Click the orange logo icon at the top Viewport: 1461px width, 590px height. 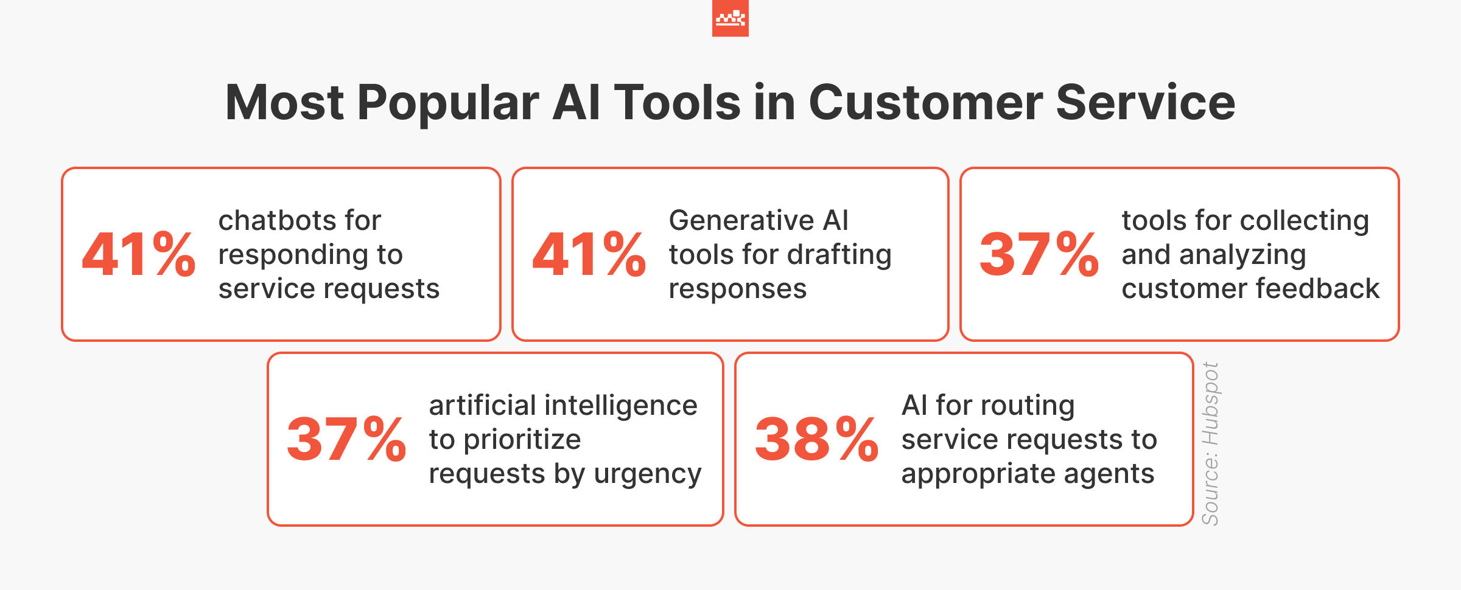(x=730, y=18)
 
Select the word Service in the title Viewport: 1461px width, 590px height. (x=1145, y=102)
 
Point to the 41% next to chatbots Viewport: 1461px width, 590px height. (x=139, y=254)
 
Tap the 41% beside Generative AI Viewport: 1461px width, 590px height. (x=589, y=254)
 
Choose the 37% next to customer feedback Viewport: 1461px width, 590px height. (x=1039, y=254)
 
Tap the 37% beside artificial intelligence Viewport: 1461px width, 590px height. (x=346, y=439)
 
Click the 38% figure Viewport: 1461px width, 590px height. (x=816, y=439)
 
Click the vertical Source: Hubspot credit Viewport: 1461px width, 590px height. (x=1210, y=443)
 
